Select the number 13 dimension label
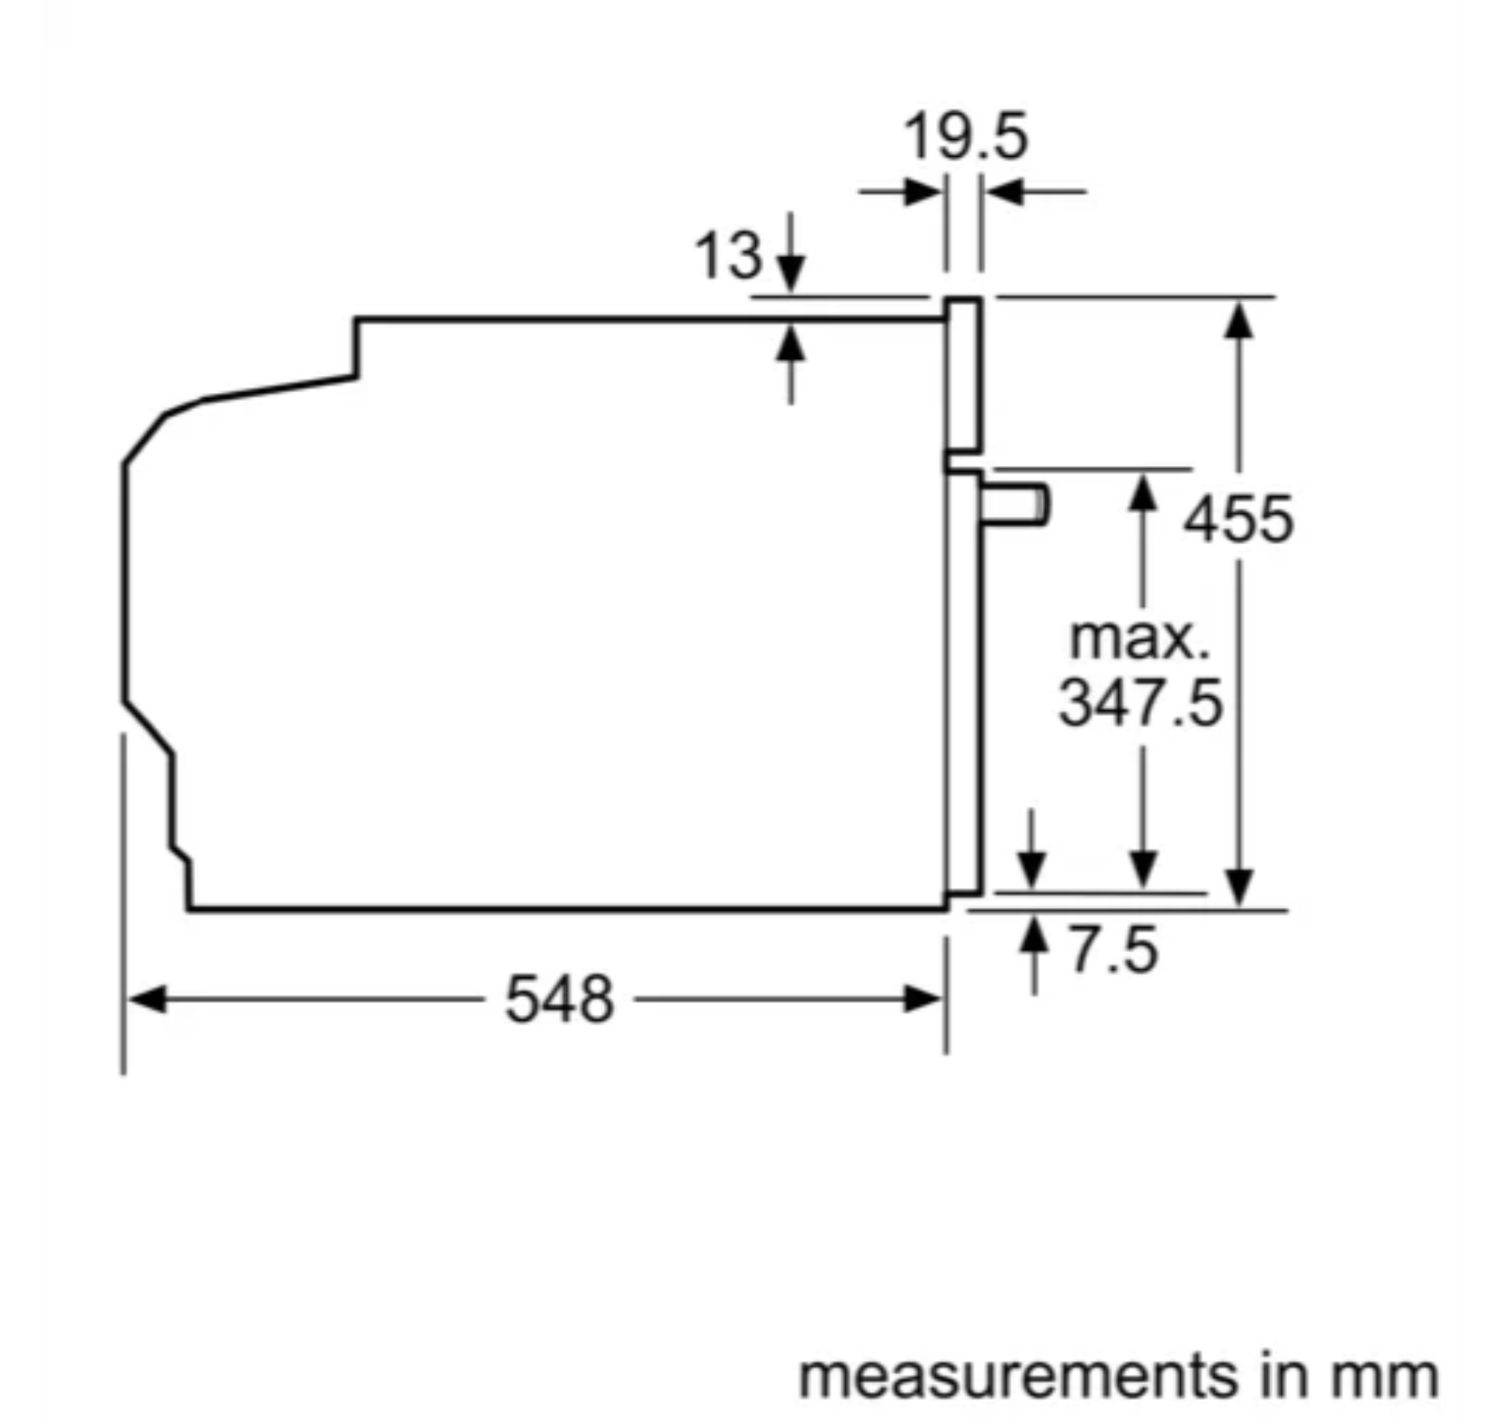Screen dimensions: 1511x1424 click(728, 257)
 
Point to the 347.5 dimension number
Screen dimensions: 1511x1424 click(1141, 702)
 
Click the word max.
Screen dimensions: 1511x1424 click(1140, 640)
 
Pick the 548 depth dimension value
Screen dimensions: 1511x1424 click(559, 999)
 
